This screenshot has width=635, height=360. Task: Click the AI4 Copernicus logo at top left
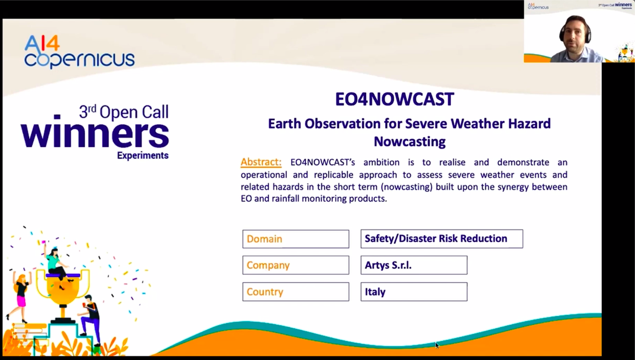coord(79,52)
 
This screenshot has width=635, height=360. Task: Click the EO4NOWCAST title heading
coord(394,99)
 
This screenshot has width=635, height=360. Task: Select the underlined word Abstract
coord(261,162)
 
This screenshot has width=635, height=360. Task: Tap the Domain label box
coord(295,239)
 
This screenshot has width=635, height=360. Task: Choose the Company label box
coord(295,265)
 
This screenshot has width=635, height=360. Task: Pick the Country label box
coord(295,292)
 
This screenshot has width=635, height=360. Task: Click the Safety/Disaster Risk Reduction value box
coord(441,239)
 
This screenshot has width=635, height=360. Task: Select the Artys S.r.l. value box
coord(414,265)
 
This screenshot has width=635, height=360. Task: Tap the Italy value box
coord(414,292)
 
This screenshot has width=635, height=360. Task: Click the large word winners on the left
coord(95,133)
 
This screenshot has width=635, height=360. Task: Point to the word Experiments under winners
coord(142,156)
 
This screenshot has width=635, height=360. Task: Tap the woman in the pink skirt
coord(21,294)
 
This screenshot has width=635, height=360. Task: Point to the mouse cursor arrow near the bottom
coord(437,345)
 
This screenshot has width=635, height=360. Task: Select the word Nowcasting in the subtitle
coord(409,141)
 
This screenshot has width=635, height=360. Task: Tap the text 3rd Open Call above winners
coord(123,112)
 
